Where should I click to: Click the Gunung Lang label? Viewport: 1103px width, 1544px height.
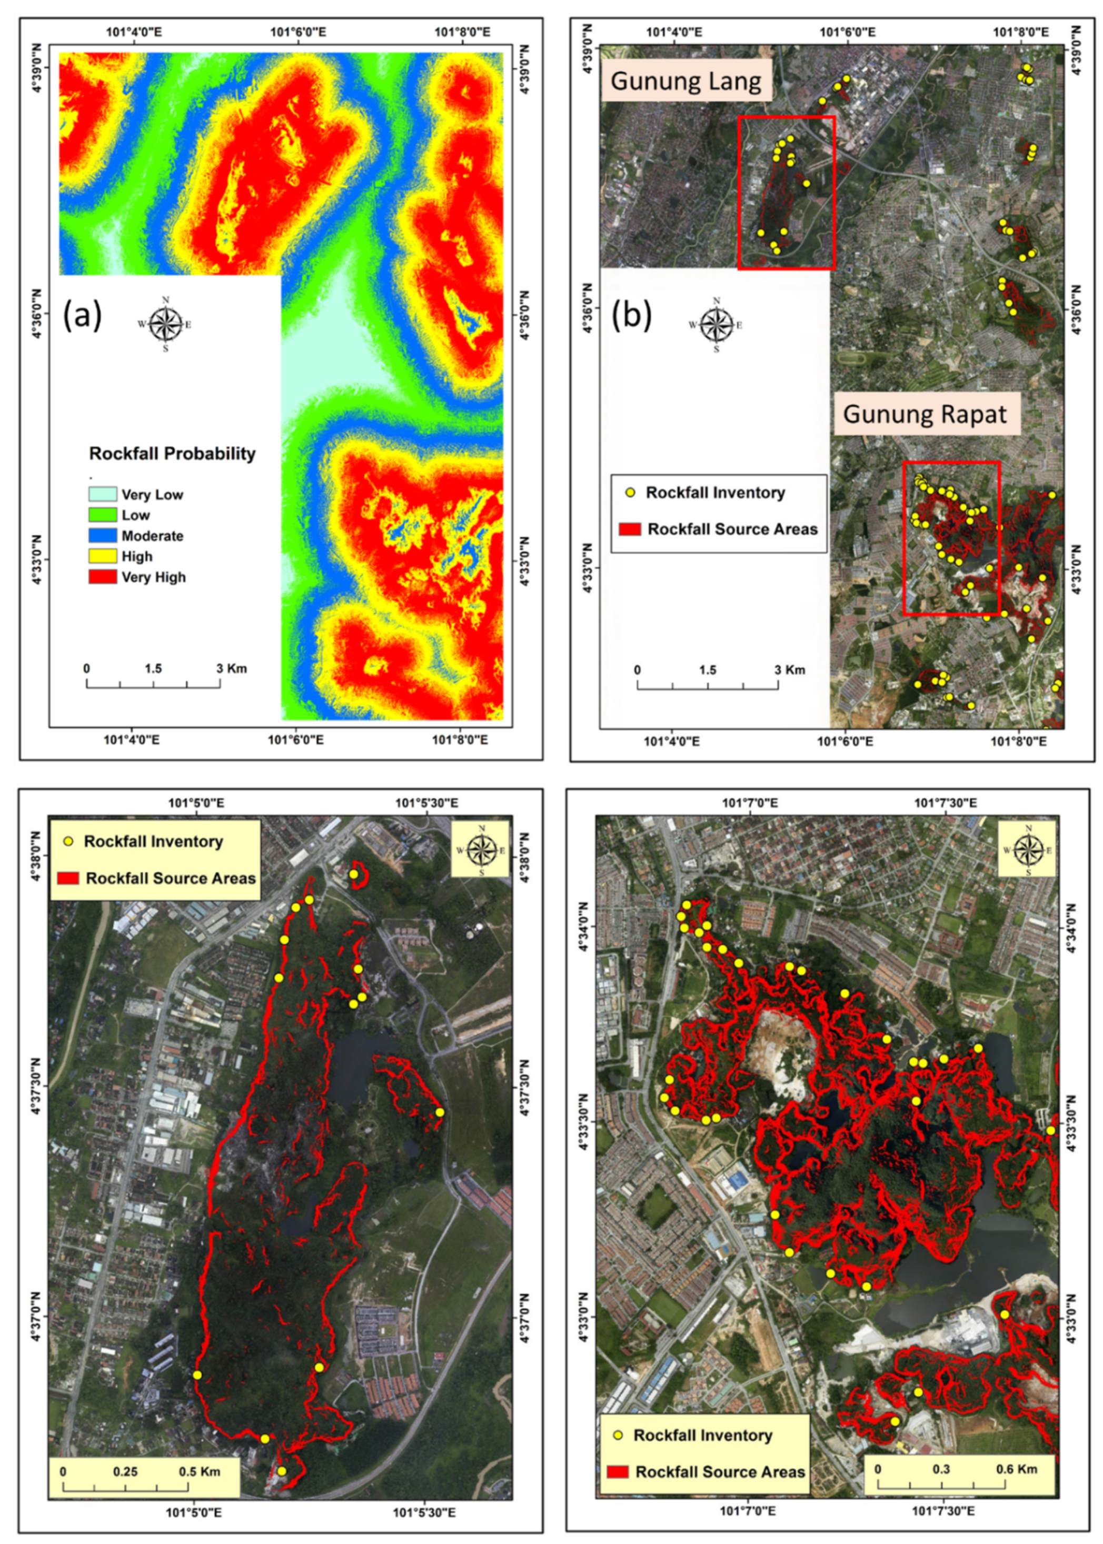(x=686, y=81)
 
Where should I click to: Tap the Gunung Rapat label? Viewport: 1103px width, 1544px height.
(x=925, y=414)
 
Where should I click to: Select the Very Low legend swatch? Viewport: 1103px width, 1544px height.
(x=103, y=494)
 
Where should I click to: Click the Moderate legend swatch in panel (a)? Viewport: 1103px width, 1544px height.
(x=103, y=536)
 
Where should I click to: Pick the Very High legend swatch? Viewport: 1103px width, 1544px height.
(x=103, y=577)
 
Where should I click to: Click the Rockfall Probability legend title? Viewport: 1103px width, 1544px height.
(x=173, y=453)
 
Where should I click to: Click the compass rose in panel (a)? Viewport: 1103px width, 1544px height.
(x=165, y=324)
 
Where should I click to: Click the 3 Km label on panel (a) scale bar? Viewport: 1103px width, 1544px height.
(x=232, y=668)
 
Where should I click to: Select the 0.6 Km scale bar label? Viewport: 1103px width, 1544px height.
(x=1017, y=1469)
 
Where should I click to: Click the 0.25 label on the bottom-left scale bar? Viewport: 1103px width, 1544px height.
(x=125, y=1471)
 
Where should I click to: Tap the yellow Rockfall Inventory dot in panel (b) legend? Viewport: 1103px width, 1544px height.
(x=630, y=493)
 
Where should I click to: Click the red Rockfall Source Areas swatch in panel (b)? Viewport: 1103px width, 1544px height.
(x=630, y=529)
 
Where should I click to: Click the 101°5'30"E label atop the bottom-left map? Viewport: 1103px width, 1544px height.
(x=427, y=803)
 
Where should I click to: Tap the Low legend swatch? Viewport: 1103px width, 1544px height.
(x=103, y=515)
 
